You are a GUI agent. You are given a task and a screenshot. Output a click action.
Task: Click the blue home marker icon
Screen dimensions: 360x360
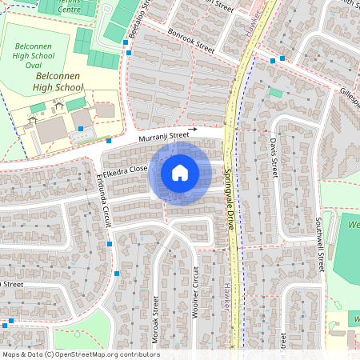pos(180,172)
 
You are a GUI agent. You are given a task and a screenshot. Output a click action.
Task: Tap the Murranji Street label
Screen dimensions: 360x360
pos(162,137)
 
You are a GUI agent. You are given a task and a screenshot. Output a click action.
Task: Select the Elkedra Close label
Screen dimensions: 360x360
pos(126,170)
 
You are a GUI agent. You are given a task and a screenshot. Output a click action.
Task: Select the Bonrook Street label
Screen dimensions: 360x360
pos(191,42)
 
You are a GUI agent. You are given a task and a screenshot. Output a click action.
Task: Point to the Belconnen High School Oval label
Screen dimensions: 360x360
pos(33,57)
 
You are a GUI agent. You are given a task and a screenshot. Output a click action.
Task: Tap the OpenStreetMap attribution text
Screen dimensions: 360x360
pos(81,354)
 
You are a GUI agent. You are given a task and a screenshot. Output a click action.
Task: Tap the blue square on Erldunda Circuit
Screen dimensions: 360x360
pos(110,244)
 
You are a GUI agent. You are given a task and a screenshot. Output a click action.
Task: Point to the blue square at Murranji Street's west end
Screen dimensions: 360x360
pos(109,142)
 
